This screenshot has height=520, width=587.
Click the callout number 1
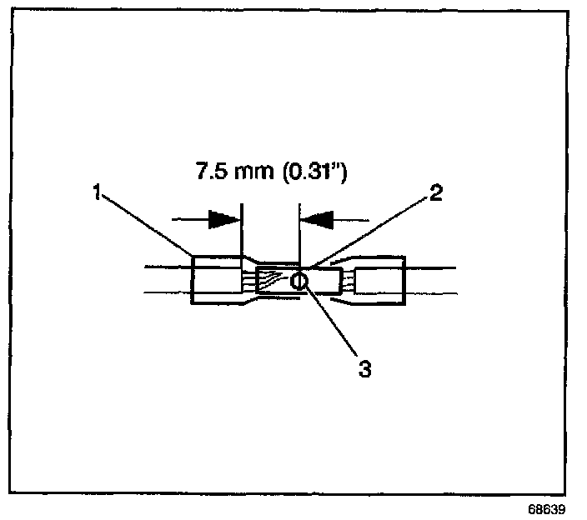pyautogui.click(x=97, y=194)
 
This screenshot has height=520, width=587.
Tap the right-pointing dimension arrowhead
pyautogui.click(x=223, y=219)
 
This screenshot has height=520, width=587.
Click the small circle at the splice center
pyautogui.click(x=299, y=282)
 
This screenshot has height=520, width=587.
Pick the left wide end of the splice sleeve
pyautogui.click(x=216, y=281)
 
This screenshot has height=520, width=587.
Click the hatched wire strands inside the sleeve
pyautogui.click(x=272, y=281)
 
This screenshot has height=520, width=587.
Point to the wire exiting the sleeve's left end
pyautogui.click(x=167, y=280)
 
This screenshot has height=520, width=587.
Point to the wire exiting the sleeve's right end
pyautogui.click(x=429, y=280)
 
